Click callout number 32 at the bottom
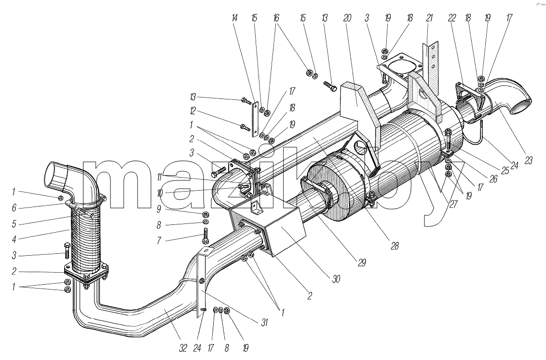(x=183, y=347)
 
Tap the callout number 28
(x=394, y=246)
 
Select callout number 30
(x=336, y=279)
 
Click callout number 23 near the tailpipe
(x=529, y=161)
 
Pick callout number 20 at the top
(x=347, y=18)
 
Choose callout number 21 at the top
(x=429, y=18)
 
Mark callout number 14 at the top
(x=235, y=18)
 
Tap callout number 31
(x=264, y=323)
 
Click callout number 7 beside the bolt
(x=159, y=240)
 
